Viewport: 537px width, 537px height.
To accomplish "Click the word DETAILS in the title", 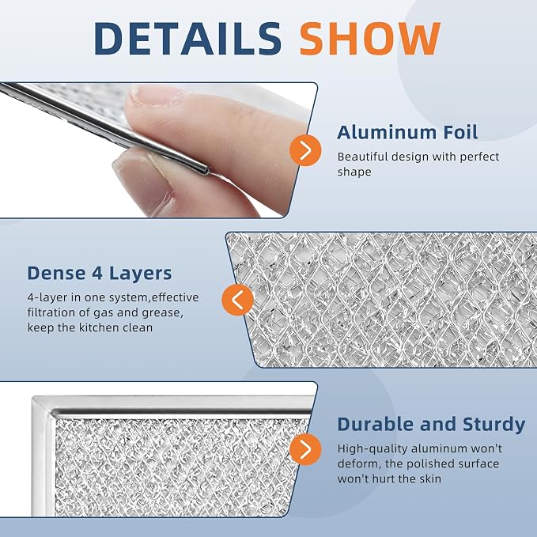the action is (x=187, y=38).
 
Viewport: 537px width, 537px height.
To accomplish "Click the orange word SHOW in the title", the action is (x=370, y=38).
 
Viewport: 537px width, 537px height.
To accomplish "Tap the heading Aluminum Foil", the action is (x=407, y=132).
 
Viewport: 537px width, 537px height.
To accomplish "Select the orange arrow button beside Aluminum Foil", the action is (x=305, y=150).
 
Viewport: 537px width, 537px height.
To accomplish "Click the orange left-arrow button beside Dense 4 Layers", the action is (x=238, y=300).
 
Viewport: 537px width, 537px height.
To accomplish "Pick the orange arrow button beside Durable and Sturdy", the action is (x=305, y=449).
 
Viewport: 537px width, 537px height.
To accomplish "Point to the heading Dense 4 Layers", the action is (x=100, y=274).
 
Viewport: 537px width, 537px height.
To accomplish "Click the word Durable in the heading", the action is (x=376, y=424).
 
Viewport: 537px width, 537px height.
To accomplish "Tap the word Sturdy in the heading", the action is (x=494, y=425).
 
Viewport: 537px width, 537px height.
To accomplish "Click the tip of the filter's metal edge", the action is (x=206, y=170).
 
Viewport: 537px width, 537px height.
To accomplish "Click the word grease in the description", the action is (x=161, y=313).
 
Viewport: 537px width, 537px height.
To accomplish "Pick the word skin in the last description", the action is (x=431, y=478).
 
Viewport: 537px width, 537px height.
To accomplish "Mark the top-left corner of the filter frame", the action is (x=32, y=398).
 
